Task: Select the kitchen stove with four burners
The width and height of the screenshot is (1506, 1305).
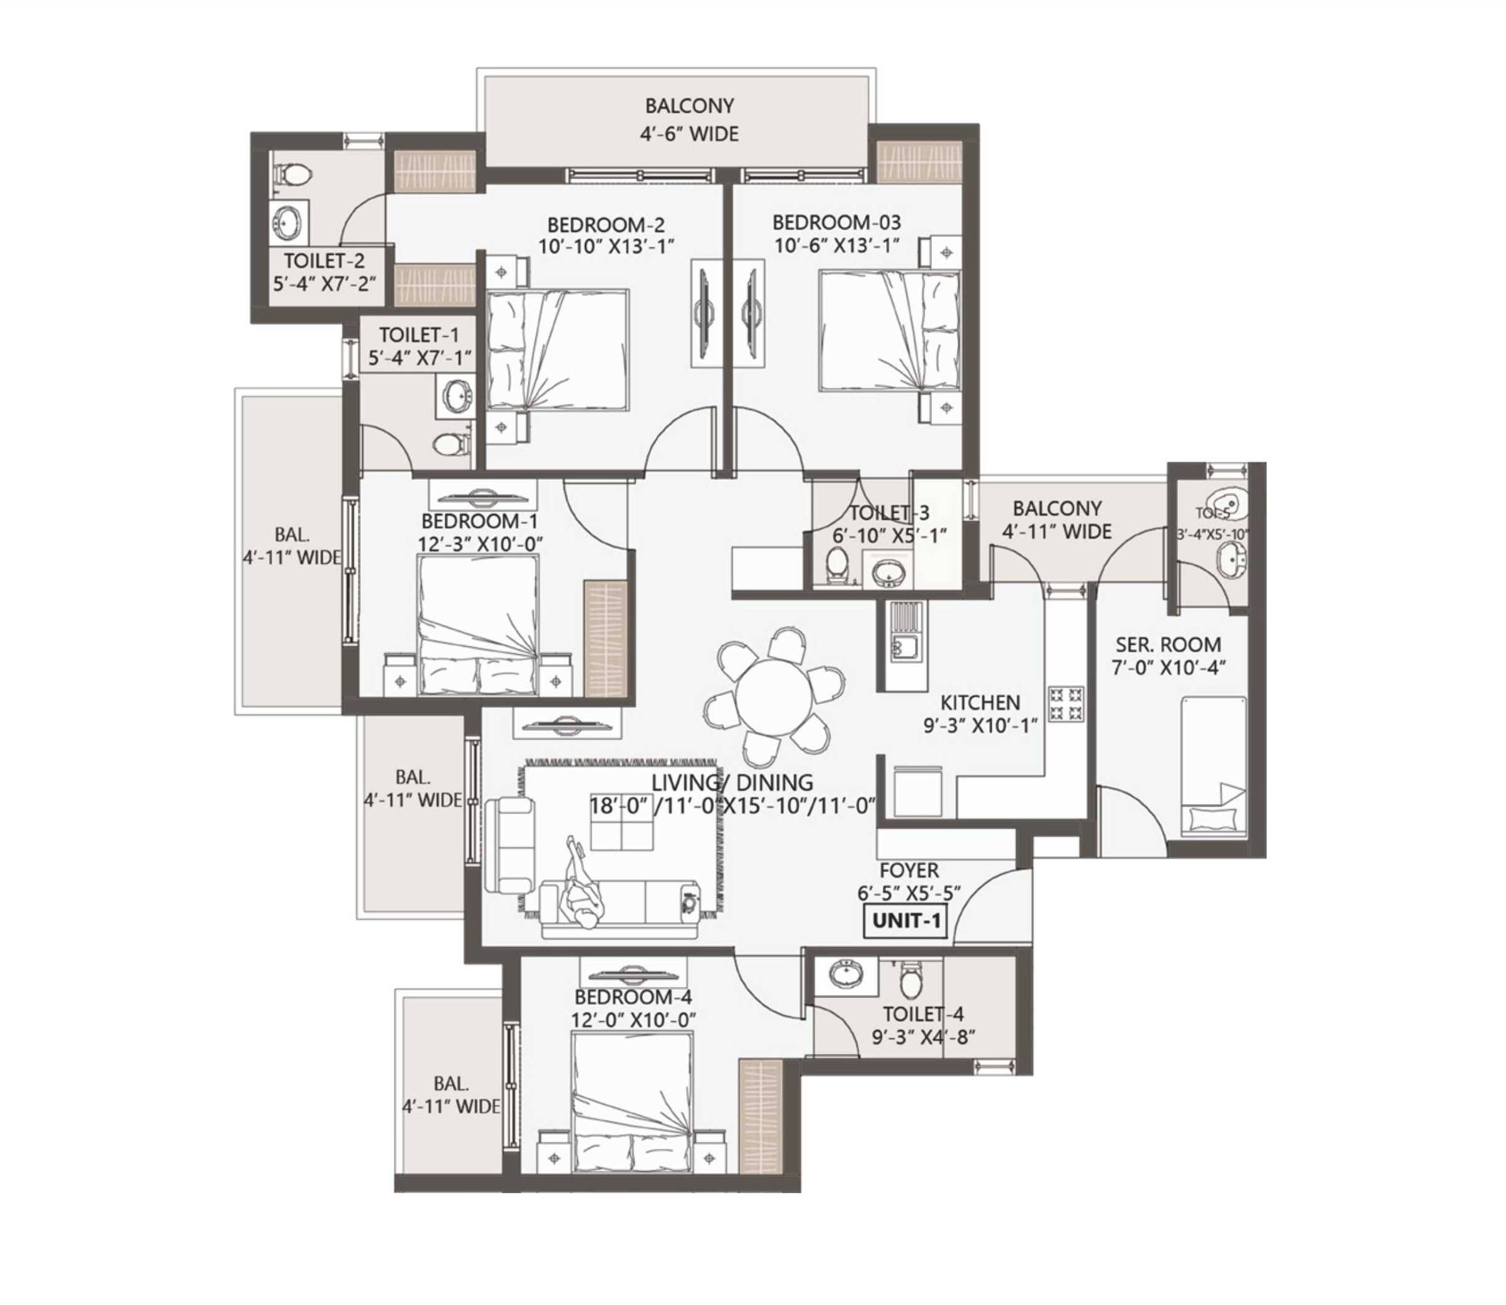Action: (x=1066, y=704)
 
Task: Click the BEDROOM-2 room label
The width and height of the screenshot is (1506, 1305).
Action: (x=606, y=224)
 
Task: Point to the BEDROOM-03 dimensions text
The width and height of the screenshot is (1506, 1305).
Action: (x=836, y=245)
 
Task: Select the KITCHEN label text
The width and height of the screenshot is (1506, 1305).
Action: (x=980, y=703)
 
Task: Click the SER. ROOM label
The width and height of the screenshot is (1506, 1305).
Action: (x=1167, y=644)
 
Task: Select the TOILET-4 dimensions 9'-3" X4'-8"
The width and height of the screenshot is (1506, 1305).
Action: (x=923, y=1037)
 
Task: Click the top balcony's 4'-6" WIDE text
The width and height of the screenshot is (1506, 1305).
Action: (x=688, y=134)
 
